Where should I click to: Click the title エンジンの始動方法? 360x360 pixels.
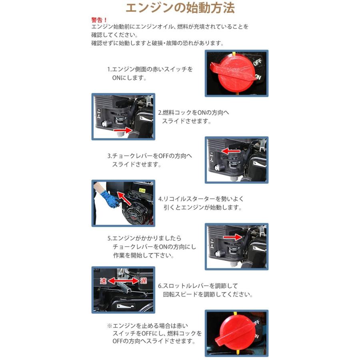pos(180,8)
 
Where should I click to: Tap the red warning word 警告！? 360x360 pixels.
pos(99,20)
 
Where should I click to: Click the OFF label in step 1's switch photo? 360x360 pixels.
pos(257,62)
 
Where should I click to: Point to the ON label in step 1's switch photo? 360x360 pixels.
pos(258,77)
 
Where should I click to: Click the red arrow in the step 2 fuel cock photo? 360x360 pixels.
pos(122,130)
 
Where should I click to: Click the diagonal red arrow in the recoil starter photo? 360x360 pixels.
pos(128,198)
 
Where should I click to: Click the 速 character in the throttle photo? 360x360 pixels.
pos(103,281)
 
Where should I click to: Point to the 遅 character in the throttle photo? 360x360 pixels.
pos(143,281)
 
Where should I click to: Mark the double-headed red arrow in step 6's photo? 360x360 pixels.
pos(123,281)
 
